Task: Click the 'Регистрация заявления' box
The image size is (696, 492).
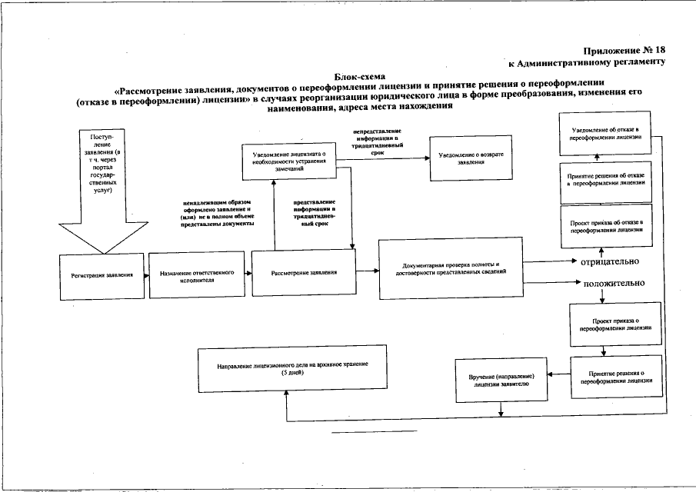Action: (x=102, y=274)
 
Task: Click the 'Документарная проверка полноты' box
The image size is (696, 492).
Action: (x=451, y=268)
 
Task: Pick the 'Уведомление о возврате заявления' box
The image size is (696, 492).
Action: (x=470, y=158)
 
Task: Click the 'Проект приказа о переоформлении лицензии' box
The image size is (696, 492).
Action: (x=616, y=323)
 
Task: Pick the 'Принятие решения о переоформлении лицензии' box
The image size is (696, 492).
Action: (x=616, y=376)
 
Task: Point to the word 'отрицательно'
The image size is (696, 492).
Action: (x=611, y=261)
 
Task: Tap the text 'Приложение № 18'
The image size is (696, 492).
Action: (x=624, y=50)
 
